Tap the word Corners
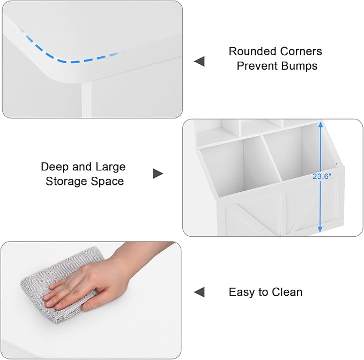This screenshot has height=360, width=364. [x=301, y=51]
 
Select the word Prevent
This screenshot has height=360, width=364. [x=255, y=66]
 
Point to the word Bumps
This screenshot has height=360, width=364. [x=298, y=66]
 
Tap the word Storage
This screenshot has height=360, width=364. [x=66, y=181]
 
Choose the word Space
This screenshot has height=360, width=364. [x=107, y=181]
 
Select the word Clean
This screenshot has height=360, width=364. [x=287, y=292]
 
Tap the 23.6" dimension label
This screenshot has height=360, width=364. [x=322, y=176]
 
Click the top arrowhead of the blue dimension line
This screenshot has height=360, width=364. [x=321, y=124]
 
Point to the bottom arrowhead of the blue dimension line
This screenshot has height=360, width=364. [x=320, y=229]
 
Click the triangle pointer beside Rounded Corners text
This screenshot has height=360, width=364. [x=199, y=61]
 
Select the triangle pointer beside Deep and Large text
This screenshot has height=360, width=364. [x=158, y=174]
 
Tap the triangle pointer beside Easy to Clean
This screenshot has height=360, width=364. [x=199, y=292]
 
